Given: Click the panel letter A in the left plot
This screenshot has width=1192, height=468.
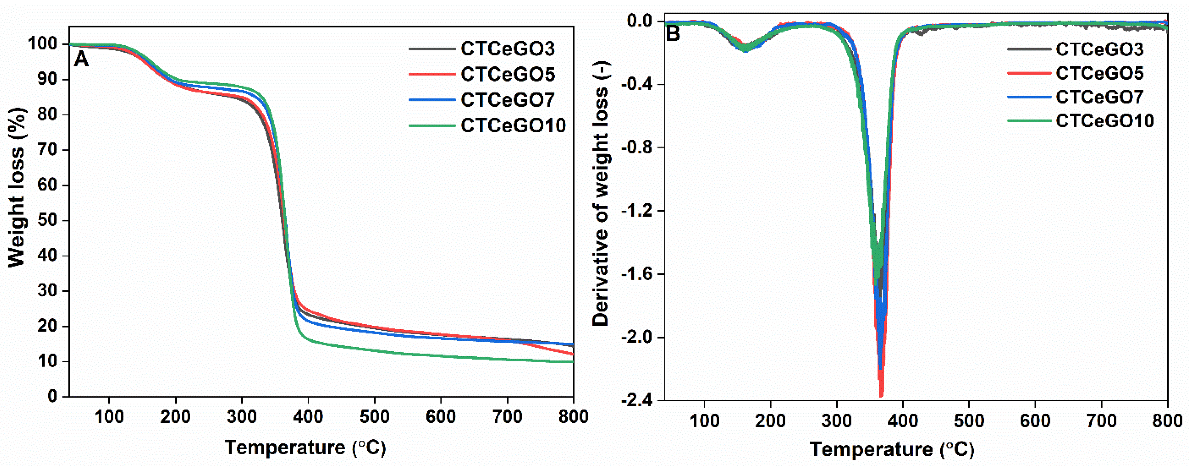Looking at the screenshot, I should [x=81, y=59].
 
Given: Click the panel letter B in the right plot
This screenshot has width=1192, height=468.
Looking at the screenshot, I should [x=673, y=33].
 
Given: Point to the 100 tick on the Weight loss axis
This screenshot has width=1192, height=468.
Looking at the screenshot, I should [x=43, y=44].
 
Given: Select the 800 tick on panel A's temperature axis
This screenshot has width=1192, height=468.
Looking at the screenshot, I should [x=573, y=417].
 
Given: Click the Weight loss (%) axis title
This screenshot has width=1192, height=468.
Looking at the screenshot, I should [x=17, y=187].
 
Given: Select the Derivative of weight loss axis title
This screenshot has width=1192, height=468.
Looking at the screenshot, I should [x=601, y=194].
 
